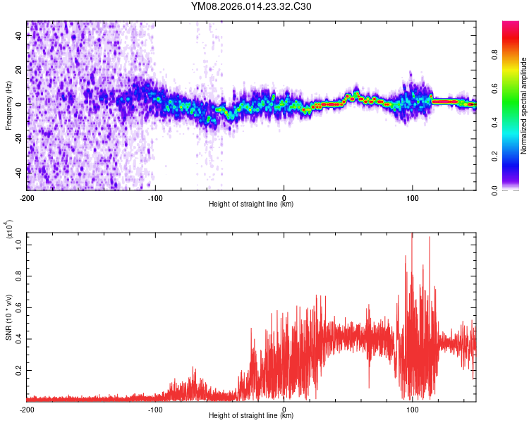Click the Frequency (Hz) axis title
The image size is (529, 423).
8,106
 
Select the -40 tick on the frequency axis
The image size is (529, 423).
18,171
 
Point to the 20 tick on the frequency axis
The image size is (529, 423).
19,70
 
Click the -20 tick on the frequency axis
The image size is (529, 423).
18,137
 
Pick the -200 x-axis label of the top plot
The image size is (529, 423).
27,197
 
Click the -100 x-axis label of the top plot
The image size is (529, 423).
155,197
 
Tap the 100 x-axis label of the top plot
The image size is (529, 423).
413,197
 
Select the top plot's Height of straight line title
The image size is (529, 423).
251,204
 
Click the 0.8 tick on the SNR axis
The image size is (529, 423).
19,277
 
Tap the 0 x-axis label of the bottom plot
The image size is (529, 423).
284,409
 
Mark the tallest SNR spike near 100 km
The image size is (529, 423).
411,235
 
